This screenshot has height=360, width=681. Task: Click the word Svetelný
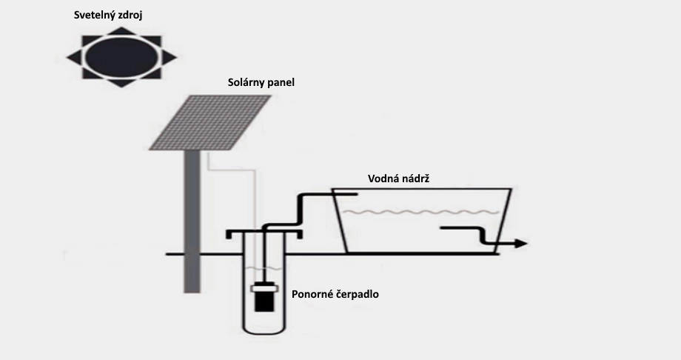coord(95,16)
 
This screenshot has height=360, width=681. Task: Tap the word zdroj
coord(131,16)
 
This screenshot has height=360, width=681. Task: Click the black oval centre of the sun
coord(121,57)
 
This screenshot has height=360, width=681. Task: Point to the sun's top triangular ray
coord(121,31)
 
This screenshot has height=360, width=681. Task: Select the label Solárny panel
coord(261,82)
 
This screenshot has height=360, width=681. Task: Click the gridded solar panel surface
coord(210,122)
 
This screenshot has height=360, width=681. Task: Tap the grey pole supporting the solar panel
coord(192,221)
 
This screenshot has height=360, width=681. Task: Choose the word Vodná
coord(382,179)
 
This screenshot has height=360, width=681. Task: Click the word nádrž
coord(415,179)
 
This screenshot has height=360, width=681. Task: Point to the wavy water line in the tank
coord(421,212)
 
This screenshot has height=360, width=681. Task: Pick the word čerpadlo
coord(358,294)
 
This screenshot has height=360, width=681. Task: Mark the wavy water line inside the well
coord(264,268)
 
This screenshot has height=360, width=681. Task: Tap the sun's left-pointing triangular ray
coord(74,57)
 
